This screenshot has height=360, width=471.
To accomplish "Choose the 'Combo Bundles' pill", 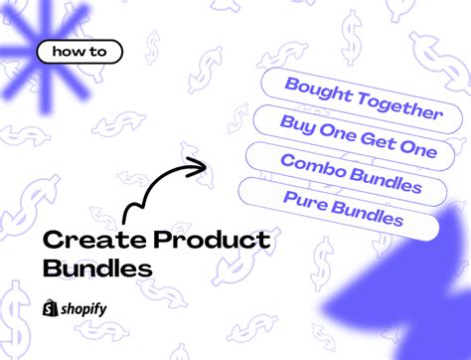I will tap(351, 174).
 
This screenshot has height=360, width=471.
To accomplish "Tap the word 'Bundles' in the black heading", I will tap(98, 268).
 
